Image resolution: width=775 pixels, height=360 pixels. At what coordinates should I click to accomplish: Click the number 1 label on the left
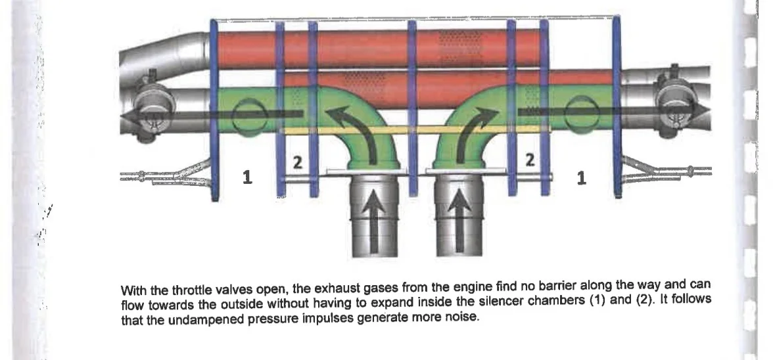pos(248,177)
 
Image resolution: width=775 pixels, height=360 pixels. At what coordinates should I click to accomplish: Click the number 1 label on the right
pos(581,178)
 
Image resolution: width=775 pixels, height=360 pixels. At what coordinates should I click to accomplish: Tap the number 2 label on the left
pos(298,162)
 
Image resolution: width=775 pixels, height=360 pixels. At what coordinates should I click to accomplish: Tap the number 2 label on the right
pos(530,160)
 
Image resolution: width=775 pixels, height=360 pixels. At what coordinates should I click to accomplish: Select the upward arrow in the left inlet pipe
pos(374,221)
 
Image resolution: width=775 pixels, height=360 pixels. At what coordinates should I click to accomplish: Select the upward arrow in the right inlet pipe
pos(459,221)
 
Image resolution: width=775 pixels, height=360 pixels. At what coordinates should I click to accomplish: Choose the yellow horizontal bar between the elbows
pos(414,130)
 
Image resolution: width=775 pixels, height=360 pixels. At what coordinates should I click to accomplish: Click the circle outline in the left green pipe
pos(250,116)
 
